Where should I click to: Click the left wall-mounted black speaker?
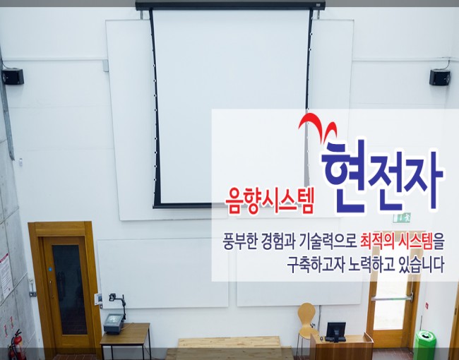(13, 76)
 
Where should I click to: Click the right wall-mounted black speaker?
(440, 77)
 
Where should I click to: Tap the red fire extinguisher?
(17, 344)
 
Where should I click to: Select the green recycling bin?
(424, 344)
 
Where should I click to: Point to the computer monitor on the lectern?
(335, 332)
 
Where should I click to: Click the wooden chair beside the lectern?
(306, 322)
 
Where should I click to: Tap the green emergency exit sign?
(402, 217)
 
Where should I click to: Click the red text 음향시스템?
(269, 200)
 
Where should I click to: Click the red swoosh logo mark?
(318, 126)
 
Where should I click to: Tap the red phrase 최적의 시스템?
(397, 241)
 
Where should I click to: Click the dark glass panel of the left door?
(69, 289)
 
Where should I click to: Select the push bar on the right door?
(391, 299)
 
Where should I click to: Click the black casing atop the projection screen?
(230, 5)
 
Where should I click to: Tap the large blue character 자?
(424, 179)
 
